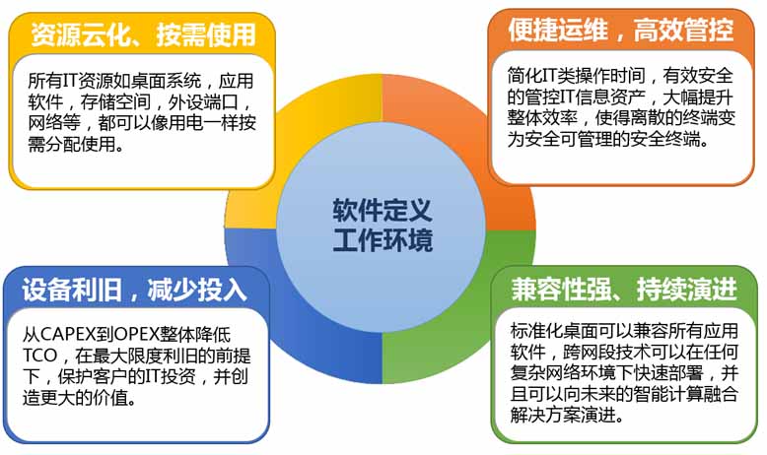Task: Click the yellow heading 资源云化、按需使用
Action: pyautogui.click(x=142, y=34)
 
